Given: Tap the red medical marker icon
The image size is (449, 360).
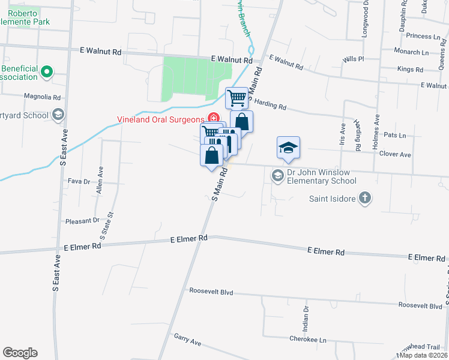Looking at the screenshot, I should tap(212, 118).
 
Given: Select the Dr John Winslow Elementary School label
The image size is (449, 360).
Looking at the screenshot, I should tap(322, 176).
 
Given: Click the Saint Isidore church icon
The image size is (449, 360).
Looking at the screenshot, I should tap(365, 198).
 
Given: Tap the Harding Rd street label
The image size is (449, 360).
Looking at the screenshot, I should tap(270, 104).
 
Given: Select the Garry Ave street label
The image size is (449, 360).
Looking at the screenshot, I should tap(187, 341).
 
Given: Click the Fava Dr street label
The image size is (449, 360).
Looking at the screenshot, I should tap(79, 181).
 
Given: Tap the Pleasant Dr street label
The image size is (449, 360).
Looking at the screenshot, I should tap(82, 220).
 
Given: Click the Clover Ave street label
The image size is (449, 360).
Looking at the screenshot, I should tap(395, 154).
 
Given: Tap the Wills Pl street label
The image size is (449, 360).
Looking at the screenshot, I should tap(353, 59).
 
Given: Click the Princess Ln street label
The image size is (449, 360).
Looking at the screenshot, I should tap(423, 36).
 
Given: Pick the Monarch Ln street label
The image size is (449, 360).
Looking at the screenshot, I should tap(412, 52).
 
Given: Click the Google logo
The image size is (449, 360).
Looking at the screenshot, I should tap(20, 353).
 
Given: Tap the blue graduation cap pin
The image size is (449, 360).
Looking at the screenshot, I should tap(288, 147).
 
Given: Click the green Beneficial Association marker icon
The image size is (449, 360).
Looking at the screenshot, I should tap(47, 73).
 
